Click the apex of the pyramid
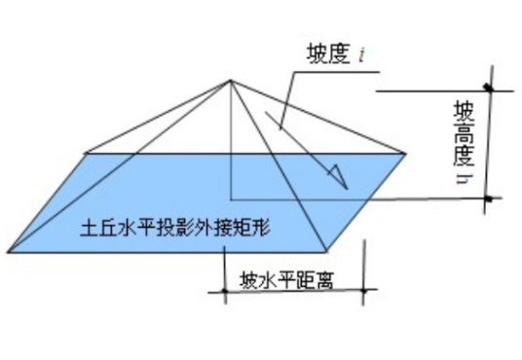tap(231, 82)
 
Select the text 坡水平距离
tap(287, 282)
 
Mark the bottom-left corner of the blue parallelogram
tap(8, 252)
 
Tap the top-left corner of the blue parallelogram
tap(86, 154)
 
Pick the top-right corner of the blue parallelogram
tap(404, 154)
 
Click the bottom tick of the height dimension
tap(487, 199)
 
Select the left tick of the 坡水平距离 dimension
tap(225, 290)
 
